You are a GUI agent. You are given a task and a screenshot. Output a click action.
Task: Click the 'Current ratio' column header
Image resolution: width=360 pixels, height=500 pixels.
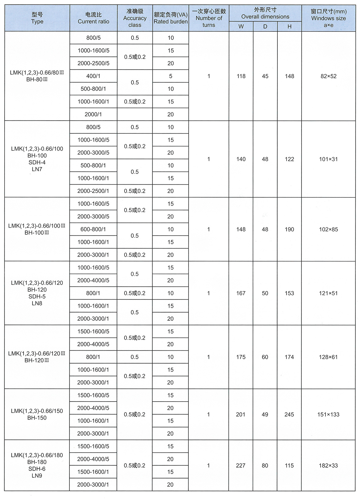click(x=93, y=18)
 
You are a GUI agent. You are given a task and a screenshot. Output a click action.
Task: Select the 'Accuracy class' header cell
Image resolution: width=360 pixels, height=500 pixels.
click(x=135, y=18)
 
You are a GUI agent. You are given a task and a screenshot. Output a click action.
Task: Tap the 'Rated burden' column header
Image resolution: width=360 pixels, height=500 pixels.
click(x=170, y=18)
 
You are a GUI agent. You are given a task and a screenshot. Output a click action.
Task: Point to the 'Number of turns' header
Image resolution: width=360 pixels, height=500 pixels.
click(x=209, y=18)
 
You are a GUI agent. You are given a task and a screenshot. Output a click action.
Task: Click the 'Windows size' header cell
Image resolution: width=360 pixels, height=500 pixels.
click(x=328, y=18)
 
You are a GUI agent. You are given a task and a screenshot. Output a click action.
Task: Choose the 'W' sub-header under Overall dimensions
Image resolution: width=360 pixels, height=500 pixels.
click(x=241, y=27)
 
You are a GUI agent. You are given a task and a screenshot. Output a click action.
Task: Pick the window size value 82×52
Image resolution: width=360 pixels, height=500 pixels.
click(x=328, y=76)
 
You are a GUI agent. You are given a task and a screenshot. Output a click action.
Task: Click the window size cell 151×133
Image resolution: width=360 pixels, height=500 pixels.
click(x=328, y=414)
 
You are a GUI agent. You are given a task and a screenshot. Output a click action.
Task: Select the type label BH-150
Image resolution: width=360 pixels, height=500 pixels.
click(x=37, y=418)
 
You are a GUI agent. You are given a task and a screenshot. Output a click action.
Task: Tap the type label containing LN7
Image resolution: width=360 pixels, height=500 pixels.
click(x=37, y=169)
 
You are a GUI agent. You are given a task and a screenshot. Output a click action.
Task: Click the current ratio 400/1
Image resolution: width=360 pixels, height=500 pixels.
click(x=93, y=76)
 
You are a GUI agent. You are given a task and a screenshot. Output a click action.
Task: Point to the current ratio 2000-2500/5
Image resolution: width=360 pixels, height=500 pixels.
click(x=93, y=63)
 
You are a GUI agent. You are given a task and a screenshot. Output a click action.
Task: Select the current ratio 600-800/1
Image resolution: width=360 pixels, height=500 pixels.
click(x=93, y=229)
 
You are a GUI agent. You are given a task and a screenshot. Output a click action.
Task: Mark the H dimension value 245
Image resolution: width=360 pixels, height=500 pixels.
click(x=289, y=414)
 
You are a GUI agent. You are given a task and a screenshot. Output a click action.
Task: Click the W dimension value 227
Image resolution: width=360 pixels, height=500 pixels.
click(x=241, y=465)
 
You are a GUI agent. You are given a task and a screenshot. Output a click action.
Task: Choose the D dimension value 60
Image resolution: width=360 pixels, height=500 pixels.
click(x=265, y=357)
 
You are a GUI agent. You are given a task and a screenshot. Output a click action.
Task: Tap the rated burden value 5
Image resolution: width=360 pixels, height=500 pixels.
click(x=170, y=76)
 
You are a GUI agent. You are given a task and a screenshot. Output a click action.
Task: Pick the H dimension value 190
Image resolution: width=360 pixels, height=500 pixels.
click(x=289, y=229)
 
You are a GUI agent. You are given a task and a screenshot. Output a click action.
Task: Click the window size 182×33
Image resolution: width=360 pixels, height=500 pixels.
click(x=328, y=465)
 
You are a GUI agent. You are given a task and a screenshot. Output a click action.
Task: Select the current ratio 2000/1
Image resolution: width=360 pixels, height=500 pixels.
click(x=93, y=114)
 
